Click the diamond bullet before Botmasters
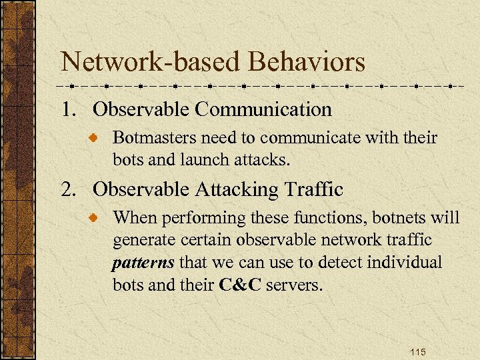97,139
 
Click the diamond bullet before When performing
97,218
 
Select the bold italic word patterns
143,263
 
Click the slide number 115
417,352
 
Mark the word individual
407,263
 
